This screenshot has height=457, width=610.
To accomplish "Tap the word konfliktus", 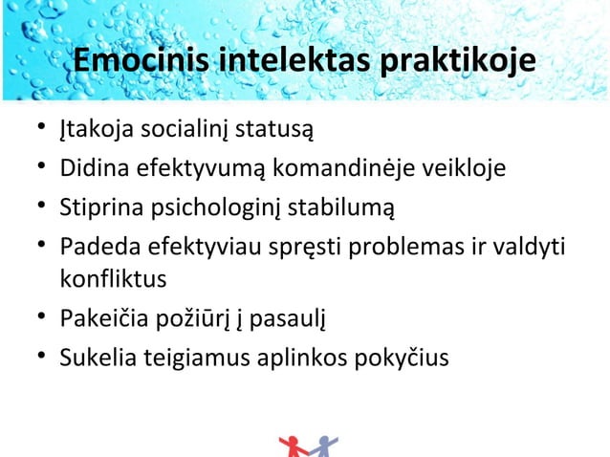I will [113, 280].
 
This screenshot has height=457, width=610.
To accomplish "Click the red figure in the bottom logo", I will [293, 447].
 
